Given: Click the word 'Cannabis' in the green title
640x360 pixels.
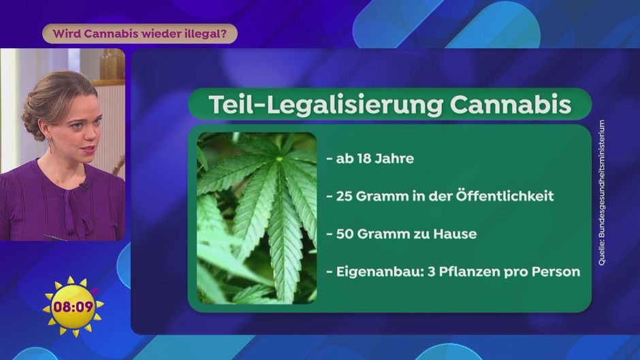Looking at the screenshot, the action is point(510,105).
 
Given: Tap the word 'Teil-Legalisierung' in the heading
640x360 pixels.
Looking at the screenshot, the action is point(325,105).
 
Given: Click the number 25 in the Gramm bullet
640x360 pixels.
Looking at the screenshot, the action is point(344,196).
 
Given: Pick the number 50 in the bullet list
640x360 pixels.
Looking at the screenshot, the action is point(345,234).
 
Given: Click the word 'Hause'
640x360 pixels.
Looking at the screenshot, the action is point(455,234).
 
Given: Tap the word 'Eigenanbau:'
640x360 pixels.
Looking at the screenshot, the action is point(380,272).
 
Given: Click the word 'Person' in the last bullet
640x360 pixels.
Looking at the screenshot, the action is point(556,272).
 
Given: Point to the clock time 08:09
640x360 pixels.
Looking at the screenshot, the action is point(73,306).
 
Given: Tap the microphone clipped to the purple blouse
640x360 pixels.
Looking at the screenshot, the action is point(85,186).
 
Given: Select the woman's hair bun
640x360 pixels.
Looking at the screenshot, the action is point(32,122).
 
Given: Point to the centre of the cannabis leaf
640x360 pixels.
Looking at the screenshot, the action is point(279,159).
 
